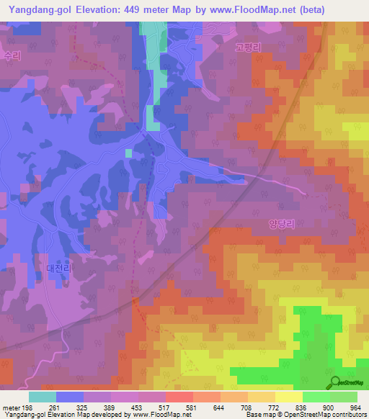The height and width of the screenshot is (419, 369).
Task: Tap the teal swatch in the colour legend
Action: click(x=43, y=397)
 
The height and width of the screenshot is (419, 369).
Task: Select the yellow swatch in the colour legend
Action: click(x=288, y=397)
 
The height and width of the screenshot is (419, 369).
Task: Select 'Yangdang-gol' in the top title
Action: click(x=36, y=10)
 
